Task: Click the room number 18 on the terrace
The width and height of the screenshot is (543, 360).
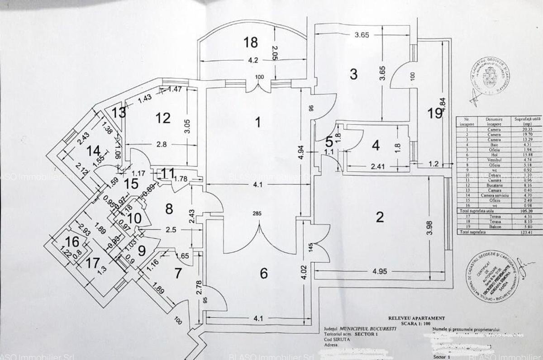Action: point(251,43)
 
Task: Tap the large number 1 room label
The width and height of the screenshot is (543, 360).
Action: point(258,122)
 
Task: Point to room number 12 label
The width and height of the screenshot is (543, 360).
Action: point(163,118)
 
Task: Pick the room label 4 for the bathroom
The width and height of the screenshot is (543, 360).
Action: point(376,146)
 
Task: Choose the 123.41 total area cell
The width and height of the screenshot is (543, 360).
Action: point(524,232)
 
